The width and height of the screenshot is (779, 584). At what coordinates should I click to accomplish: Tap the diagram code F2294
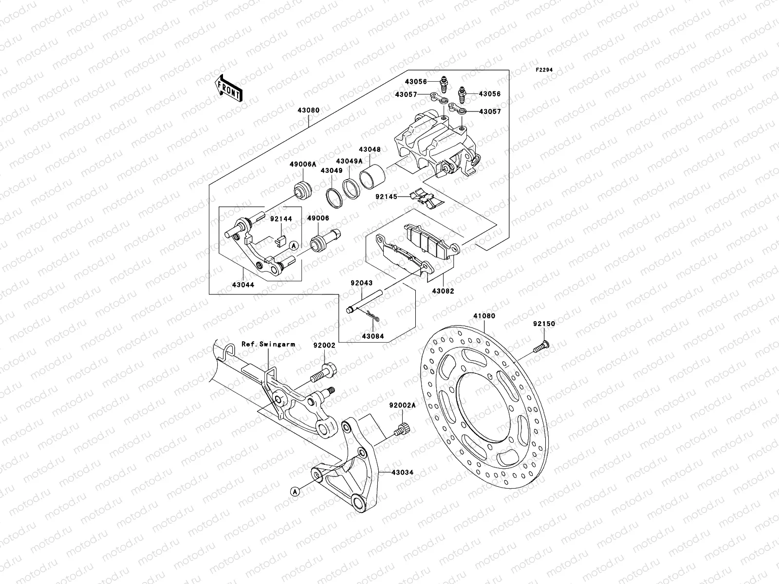point(544,70)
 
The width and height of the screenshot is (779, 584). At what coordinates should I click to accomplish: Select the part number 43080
point(309,110)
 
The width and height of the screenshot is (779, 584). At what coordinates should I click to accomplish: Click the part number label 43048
point(370,150)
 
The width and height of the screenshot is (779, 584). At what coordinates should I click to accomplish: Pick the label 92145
point(386,197)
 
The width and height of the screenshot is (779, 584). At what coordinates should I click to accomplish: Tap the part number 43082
point(443,291)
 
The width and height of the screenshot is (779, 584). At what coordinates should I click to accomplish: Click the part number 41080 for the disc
point(484,316)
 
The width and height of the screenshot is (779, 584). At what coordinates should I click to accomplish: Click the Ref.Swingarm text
point(268,344)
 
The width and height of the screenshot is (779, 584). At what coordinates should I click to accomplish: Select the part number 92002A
point(403,405)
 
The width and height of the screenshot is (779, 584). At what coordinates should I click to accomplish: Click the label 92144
point(281,219)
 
